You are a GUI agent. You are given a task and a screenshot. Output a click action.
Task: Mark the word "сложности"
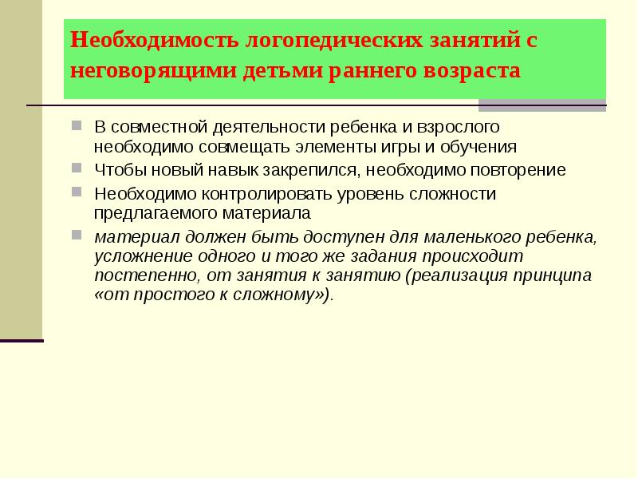[455, 193]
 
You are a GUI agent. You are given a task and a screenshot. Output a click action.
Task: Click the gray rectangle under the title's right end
[542, 105]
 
